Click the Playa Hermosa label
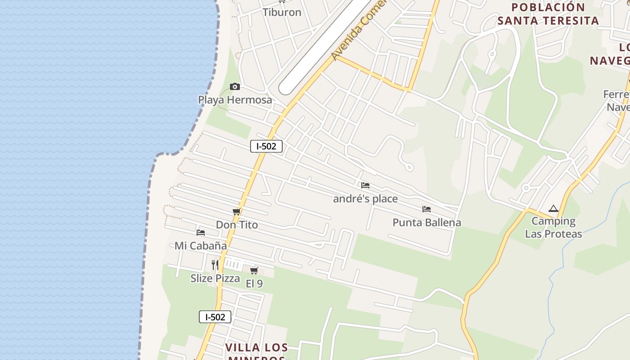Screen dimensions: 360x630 pos(235,99)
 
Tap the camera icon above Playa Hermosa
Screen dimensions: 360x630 pos(235,86)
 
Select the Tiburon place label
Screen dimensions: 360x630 pos(282,12)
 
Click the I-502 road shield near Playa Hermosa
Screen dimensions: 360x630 pos(266,146)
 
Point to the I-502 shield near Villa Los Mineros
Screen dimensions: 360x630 pos(215,317)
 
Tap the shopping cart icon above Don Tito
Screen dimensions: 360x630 pos(236,211)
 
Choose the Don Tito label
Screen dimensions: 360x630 pos(237,225)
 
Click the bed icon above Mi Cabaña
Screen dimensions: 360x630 pos(201,233)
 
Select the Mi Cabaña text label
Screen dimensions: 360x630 pos(201,246)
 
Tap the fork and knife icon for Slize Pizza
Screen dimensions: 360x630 pos(215,265)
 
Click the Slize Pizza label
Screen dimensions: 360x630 pos(215,278)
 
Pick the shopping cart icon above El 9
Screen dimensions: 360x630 pos(254,270)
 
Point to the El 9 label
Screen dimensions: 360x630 pos(254,283)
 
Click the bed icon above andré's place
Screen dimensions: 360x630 pos(365,185)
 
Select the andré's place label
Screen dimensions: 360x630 pos(365,198)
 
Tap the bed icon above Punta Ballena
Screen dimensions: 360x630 pos(427,209)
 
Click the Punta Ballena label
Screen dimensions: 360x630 pos(427,222)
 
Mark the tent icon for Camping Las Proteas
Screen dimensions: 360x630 pos(553,209)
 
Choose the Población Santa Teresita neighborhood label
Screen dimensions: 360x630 pos(548,14)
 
